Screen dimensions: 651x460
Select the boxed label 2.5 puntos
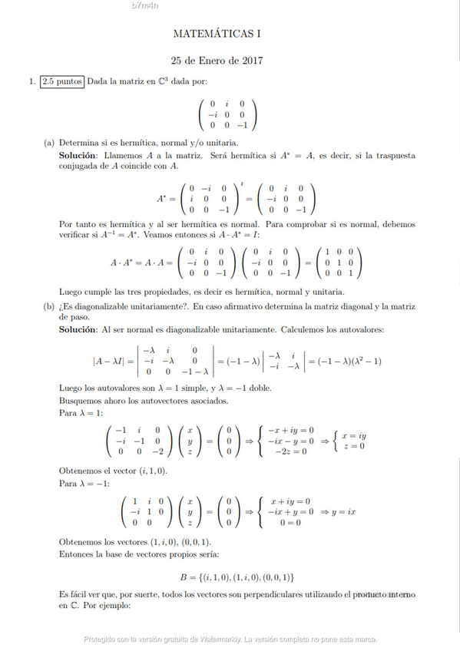click(x=63, y=81)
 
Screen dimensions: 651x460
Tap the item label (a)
click(x=49, y=143)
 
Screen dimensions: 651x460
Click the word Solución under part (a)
click(x=78, y=155)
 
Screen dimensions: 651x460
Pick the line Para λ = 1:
click(x=84, y=412)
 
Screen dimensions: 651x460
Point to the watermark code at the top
click(x=145, y=6)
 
